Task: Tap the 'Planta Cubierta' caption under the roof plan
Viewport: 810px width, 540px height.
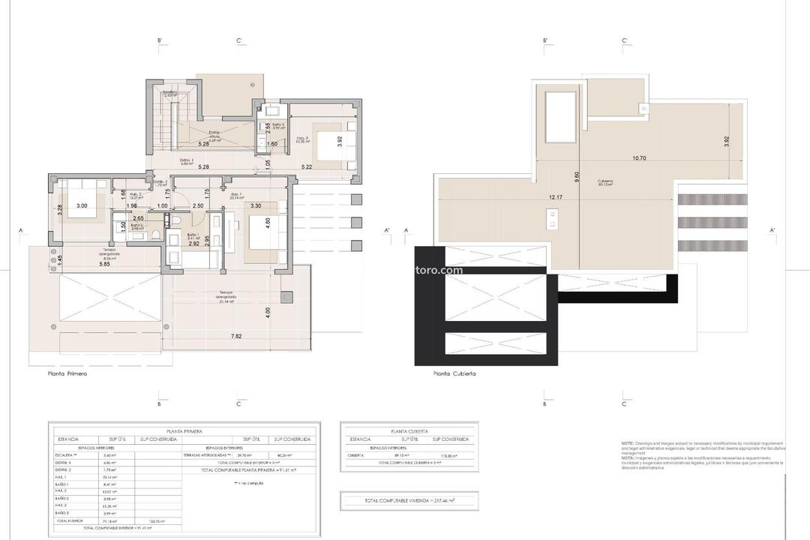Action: (x=454, y=373)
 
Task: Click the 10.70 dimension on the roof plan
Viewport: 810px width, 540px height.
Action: (x=639, y=158)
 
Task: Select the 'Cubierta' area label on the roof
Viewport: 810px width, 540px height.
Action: (x=605, y=181)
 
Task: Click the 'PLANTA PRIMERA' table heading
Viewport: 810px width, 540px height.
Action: (x=184, y=431)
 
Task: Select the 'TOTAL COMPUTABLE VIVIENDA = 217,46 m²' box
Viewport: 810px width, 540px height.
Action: (x=409, y=499)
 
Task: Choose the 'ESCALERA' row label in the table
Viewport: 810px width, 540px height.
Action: (x=65, y=455)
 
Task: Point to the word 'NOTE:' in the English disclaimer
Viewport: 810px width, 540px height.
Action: (x=628, y=443)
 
